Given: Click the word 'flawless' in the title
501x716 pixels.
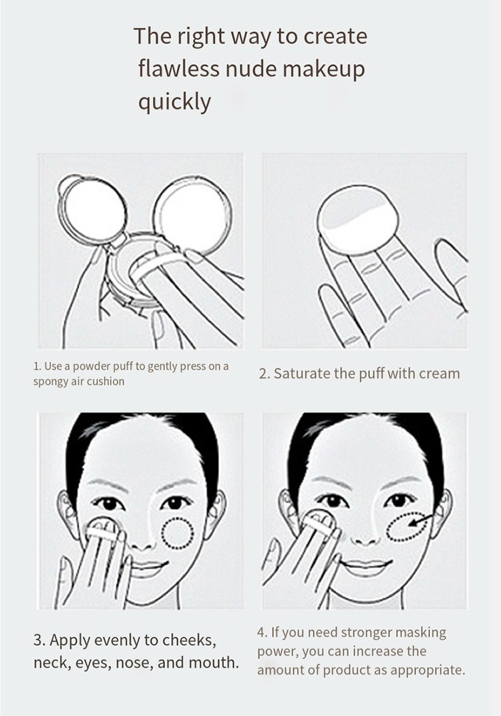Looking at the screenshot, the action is tap(179, 69).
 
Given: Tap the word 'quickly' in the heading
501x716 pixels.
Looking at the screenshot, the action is tap(174, 102).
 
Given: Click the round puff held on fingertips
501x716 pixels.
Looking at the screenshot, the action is tap(358, 219).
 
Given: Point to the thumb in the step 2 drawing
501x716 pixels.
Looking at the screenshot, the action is tap(451, 272).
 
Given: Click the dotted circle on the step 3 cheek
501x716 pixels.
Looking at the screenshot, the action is tap(178, 533).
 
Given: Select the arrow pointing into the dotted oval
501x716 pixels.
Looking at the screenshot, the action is tap(421, 520).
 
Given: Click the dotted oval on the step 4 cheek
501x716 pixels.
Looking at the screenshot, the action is tap(407, 526).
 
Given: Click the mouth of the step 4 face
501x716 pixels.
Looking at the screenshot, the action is tap(365, 568).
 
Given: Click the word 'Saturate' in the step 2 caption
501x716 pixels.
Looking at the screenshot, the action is tap(302, 374).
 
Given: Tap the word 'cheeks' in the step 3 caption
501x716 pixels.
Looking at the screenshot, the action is tap(190, 640).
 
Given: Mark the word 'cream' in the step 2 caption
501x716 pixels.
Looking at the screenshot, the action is tap(440, 374).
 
